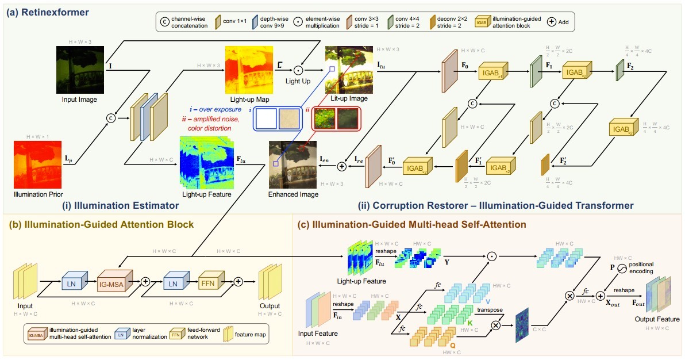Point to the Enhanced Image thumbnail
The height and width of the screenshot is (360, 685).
(293, 164)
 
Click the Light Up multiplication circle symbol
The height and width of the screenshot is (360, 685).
(298, 70)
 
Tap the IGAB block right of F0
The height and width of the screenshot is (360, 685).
(491, 72)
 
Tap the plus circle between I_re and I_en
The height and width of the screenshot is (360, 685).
(341, 166)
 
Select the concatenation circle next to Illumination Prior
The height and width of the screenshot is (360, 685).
(111, 117)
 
